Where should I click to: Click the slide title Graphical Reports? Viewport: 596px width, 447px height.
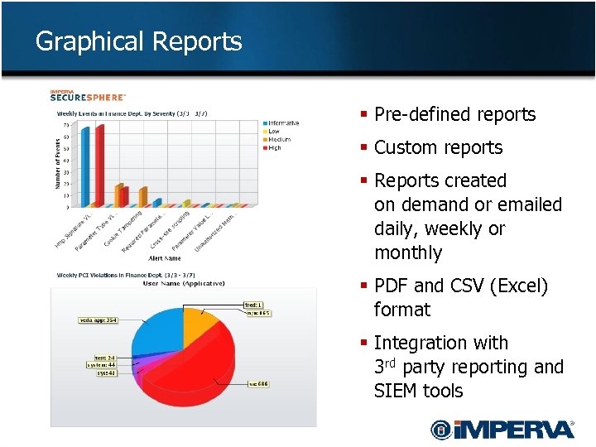click(x=138, y=41)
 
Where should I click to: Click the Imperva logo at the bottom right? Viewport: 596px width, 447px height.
click(x=502, y=429)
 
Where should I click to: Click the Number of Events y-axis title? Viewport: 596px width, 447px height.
click(x=58, y=163)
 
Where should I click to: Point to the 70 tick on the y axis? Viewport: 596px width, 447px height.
click(x=65, y=126)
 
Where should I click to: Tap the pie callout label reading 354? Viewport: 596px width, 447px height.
click(x=98, y=320)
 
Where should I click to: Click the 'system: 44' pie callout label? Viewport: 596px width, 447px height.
click(x=101, y=364)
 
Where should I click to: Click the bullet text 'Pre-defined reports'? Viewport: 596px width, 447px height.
click(x=454, y=114)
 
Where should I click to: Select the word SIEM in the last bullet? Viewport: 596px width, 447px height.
click(x=395, y=391)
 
